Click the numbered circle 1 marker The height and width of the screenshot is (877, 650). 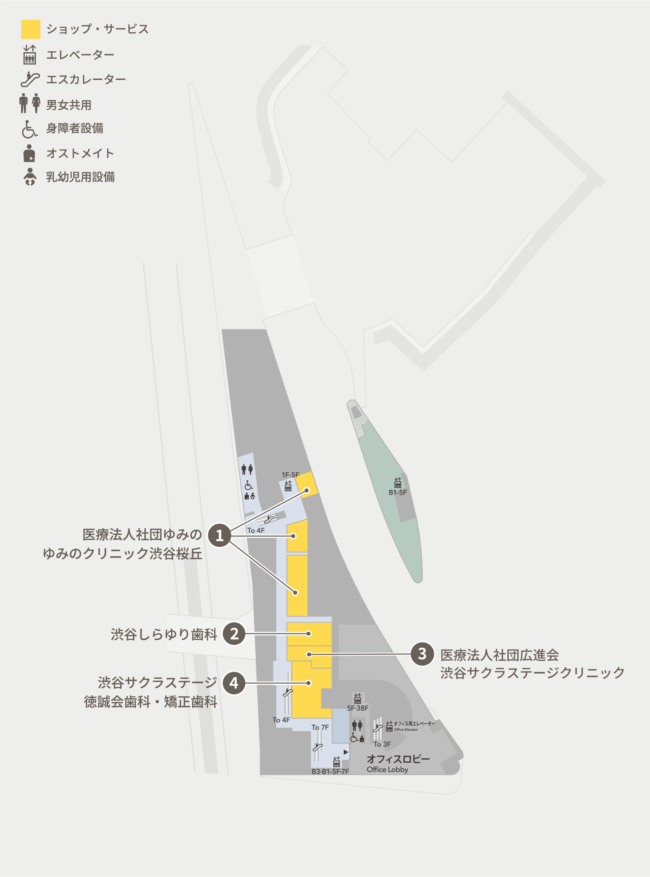(219, 535)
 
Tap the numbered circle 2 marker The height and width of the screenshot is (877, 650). (234, 634)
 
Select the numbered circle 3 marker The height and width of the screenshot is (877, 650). (422, 654)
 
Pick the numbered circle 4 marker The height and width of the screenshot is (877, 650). (234, 683)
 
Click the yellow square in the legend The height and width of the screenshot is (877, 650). (30, 29)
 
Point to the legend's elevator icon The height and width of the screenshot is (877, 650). (30, 54)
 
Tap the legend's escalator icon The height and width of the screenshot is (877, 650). (30, 79)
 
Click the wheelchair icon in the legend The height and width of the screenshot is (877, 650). (30, 129)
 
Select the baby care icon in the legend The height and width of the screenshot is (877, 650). (30, 177)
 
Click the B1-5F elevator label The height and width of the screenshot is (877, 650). (397, 492)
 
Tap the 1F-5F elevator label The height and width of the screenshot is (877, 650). (290, 475)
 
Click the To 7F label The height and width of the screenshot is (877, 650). (320, 727)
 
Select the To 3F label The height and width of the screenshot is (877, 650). (382, 744)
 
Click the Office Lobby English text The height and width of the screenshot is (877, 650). (387, 770)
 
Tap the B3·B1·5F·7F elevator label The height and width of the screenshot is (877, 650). (330, 771)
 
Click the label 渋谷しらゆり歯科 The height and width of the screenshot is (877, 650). (164, 634)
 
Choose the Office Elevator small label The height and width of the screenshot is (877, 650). (406, 730)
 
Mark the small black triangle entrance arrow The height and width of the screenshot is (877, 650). (346, 752)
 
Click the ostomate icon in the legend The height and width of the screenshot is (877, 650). (29, 153)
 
